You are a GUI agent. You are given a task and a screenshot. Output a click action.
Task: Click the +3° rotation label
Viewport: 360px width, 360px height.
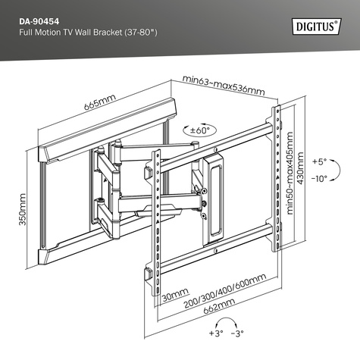217,334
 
